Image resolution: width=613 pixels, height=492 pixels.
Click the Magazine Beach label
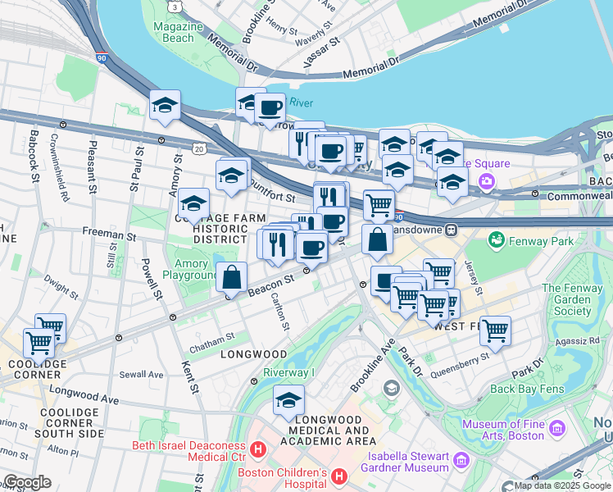[172, 32]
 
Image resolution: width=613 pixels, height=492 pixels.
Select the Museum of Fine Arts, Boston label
[502, 430]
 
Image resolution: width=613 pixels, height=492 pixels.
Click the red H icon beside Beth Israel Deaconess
[258, 450]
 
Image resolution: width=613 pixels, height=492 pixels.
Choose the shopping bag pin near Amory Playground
[233, 278]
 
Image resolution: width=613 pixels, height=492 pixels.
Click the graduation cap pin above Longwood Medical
[288, 401]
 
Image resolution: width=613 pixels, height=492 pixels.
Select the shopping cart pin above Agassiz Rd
[495, 331]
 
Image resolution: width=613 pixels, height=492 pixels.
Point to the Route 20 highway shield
[199, 148]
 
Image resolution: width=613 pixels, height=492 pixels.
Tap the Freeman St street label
[109, 235]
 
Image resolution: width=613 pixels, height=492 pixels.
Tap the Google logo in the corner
[27, 481]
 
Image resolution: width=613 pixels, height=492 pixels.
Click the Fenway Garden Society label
[578, 299]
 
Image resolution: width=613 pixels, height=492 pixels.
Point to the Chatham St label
[212, 336]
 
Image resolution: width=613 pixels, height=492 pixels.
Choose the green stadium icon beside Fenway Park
[496, 240]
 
